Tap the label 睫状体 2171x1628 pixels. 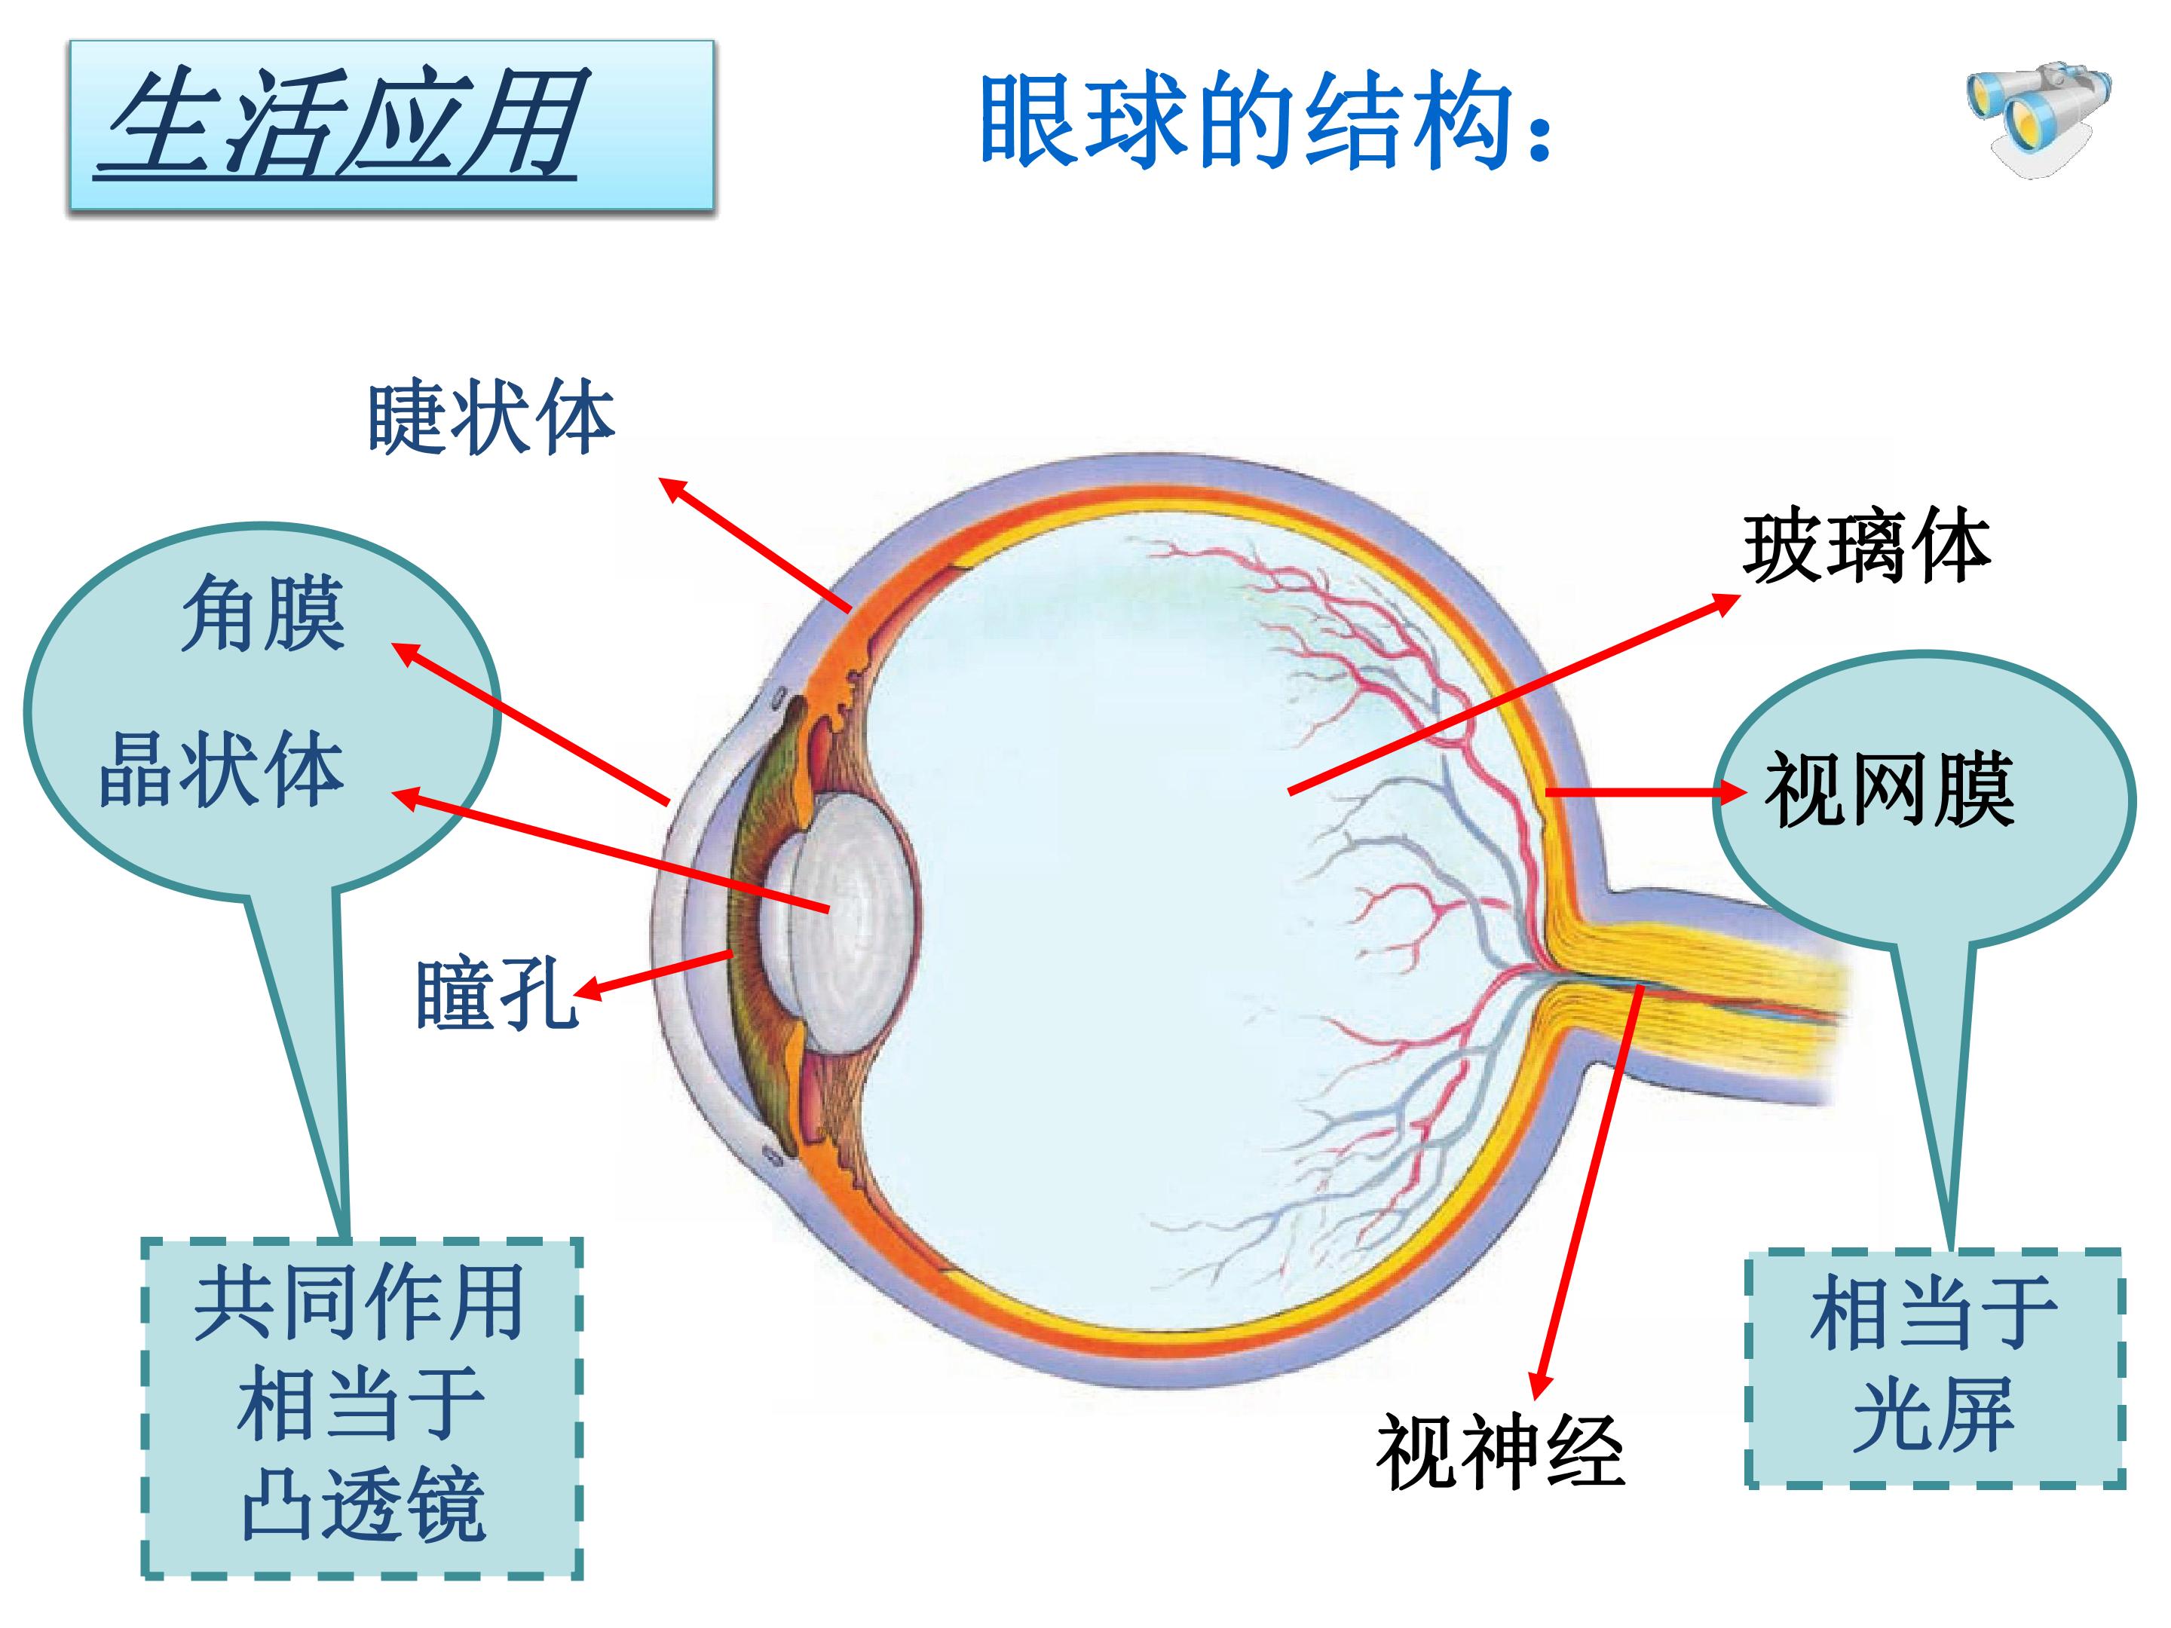click(491, 418)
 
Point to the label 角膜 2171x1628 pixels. click(263, 614)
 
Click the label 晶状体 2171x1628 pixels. click(222, 770)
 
